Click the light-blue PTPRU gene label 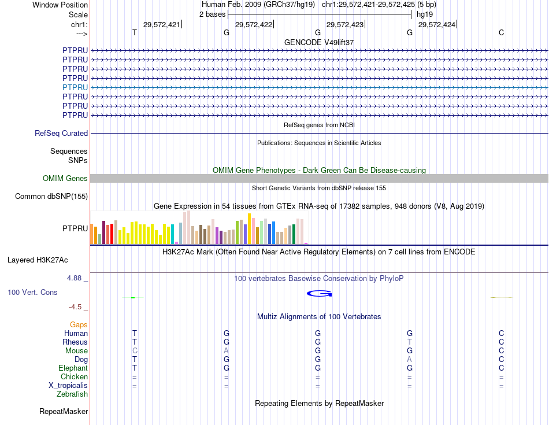point(75,87)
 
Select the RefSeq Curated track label point(61,134)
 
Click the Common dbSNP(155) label point(51,197)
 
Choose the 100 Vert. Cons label point(32,293)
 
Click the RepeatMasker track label point(64,412)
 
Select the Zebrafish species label point(72,394)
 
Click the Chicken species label point(75,377)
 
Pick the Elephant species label point(73,368)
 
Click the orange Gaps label point(79,325)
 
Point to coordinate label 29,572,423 point(345,24)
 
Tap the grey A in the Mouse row point(227,351)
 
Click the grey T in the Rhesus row point(410,342)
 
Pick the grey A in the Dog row point(410,360)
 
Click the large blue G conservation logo point(319,294)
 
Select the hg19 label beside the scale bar point(424,13)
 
